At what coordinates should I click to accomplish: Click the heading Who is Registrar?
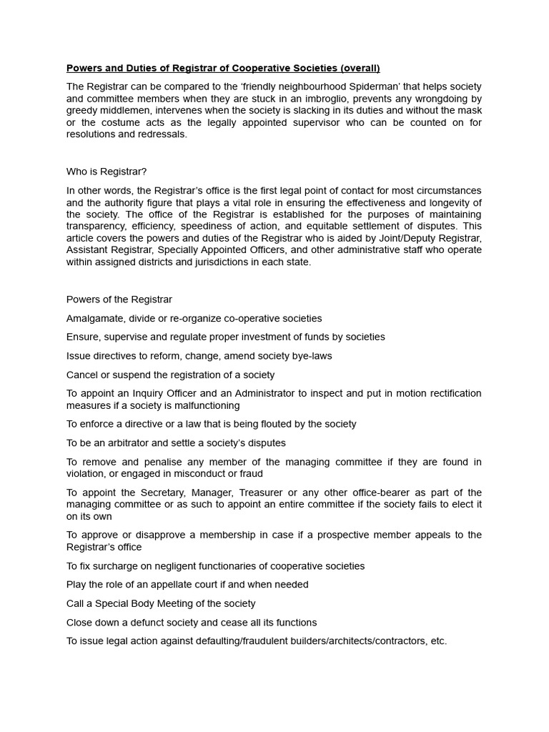pyautogui.click(x=107, y=172)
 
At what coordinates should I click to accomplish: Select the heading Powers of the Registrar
pyautogui.click(x=119, y=300)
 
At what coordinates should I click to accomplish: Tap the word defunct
pyautogui.click(x=157, y=623)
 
